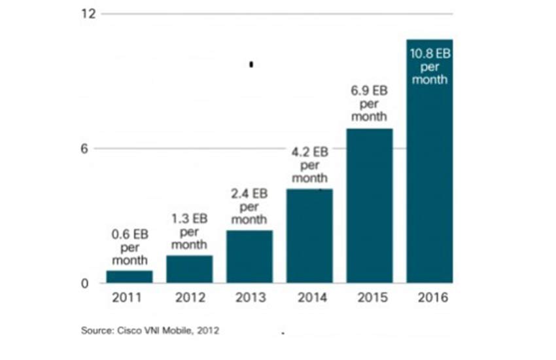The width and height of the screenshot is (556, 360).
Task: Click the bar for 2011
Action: pos(129,277)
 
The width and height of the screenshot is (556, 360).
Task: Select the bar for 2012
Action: pos(189,269)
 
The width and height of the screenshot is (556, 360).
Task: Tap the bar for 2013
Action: pos(249,257)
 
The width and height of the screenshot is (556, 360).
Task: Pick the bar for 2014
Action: pos(309,236)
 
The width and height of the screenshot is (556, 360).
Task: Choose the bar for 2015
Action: pos(370,206)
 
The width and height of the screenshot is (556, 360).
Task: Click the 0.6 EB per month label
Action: pos(130,247)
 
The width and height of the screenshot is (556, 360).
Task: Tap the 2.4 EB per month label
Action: pos(249,206)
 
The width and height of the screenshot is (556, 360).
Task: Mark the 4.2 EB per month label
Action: pos(310,165)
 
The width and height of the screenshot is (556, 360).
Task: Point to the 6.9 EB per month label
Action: pos(370,104)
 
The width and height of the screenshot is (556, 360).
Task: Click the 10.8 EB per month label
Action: pos(430,66)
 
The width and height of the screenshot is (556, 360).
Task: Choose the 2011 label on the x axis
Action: pos(129,298)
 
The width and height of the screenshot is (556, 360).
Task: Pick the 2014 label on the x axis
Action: pos(309,298)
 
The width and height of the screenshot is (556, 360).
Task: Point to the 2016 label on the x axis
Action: pos(430,298)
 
